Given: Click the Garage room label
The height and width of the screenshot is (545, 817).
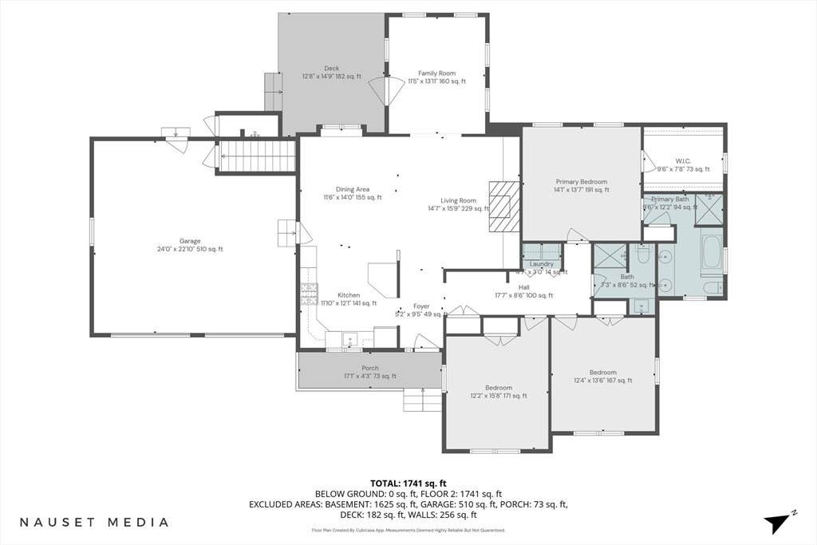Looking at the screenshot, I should coord(190,245).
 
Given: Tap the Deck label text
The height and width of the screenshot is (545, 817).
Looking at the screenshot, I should coord(331,73).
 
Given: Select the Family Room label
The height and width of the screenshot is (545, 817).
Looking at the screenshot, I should coord(436,77).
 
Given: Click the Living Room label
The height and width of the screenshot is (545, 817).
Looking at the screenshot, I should coord(458,205).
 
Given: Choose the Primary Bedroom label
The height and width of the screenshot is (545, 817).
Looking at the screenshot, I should coord(581,186).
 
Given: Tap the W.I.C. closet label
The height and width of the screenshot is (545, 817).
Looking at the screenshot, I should coord(683,164).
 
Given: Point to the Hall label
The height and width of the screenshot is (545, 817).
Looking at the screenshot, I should coord(523,291).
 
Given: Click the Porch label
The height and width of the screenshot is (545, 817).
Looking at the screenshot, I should coord(370,372).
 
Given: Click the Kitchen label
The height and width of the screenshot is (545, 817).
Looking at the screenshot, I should coord(349,298).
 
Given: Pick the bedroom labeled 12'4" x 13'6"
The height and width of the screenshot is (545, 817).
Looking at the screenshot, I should coord(602,377).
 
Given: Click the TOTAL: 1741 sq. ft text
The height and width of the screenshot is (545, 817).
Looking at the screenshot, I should coord(408,483).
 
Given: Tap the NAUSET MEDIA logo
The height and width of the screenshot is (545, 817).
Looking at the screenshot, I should coord(94,522).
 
